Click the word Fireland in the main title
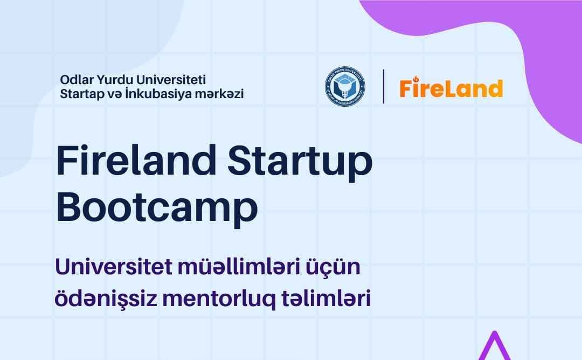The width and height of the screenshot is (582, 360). [136, 161]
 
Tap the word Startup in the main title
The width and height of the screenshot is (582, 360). [300, 163]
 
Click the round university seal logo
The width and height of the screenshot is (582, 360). [345, 86]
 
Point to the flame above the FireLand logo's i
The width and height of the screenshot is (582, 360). [415, 79]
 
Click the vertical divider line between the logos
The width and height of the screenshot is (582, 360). [384, 86]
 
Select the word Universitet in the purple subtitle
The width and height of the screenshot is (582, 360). [114, 266]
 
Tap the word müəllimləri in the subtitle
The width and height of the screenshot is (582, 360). [239, 266]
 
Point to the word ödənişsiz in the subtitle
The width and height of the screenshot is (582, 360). [106, 299]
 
